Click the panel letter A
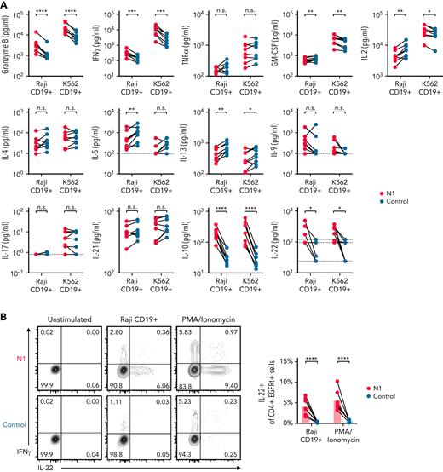(5, 5)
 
